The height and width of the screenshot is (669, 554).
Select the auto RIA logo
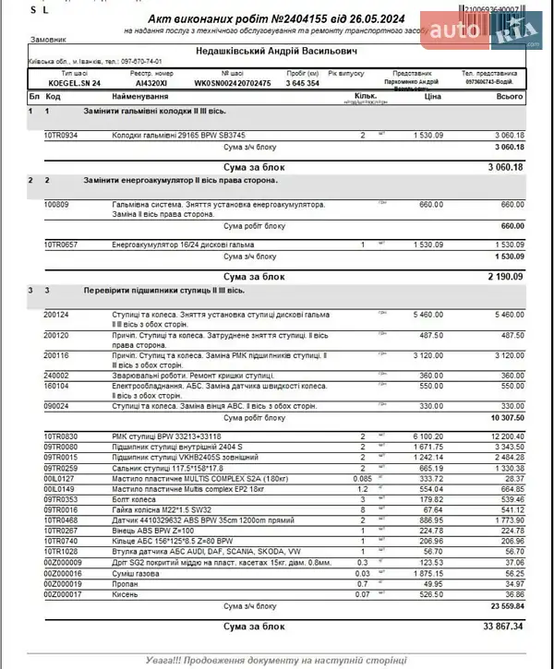tap(480, 32)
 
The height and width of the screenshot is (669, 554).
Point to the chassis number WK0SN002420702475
tap(233, 83)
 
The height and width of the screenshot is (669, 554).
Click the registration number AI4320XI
tap(153, 83)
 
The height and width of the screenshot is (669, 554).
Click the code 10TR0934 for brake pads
tap(61, 136)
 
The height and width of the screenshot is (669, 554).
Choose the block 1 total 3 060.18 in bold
tap(504, 167)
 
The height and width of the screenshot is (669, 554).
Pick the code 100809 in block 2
tap(56, 203)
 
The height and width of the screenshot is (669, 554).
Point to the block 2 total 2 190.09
tap(504, 275)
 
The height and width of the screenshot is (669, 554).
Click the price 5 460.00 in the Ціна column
tap(427, 314)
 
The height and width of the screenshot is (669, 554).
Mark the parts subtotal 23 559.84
tap(504, 606)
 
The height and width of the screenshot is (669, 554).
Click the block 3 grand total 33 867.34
tap(503, 626)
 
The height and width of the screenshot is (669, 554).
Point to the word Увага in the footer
tap(164, 661)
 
